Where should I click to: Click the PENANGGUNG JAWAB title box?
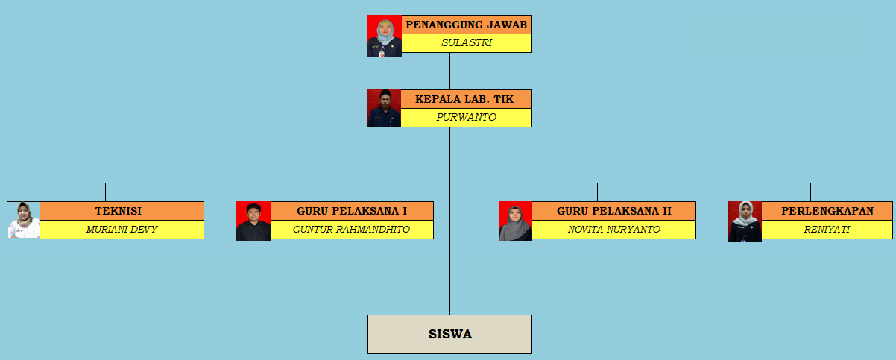tap(467, 25)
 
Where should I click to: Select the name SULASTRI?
tap(467, 42)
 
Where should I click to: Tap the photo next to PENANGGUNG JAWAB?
tap(385, 36)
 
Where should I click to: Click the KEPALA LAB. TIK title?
tap(464, 99)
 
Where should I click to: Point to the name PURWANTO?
tap(466, 117)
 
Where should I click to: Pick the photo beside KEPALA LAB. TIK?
tap(384, 108)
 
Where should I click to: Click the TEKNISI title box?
tap(122, 211)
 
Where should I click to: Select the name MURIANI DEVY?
tap(122, 230)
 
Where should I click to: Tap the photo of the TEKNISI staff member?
tap(23, 220)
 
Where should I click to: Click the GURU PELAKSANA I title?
tap(352, 211)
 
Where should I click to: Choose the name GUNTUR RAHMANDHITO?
tap(351, 230)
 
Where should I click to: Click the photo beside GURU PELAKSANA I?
tap(253, 221)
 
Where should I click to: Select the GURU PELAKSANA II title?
tap(614, 211)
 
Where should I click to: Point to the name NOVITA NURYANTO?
tap(614, 230)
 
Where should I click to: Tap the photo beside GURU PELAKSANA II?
tap(515, 221)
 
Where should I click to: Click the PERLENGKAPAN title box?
tap(827, 211)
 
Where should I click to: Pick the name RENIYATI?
tap(827, 230)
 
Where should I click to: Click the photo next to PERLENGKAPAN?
tap(745, 221)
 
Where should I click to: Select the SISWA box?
tap(450, 334)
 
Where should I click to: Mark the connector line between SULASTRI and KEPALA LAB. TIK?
tap(450, 72)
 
